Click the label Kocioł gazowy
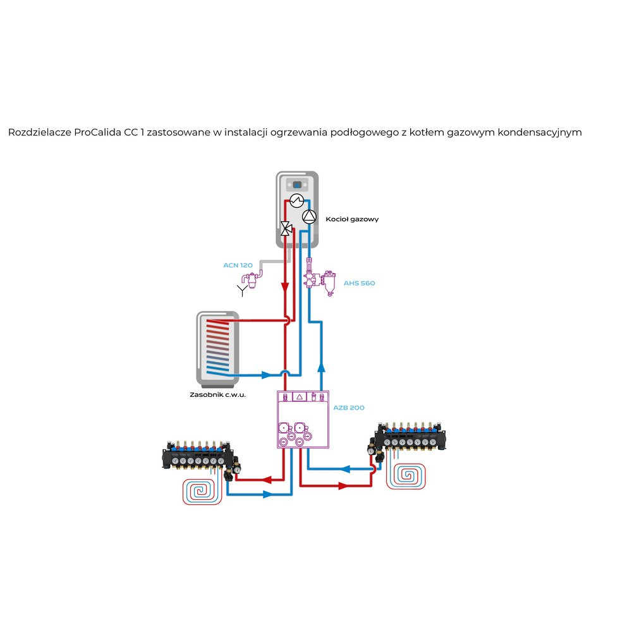pos(352,219)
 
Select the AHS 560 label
pos(359,283)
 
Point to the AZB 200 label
pos(349,408)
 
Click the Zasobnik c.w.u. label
pos(217,395)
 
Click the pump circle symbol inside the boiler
pos(308,217)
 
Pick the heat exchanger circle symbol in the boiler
pos(296,201)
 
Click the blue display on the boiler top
pos(295,185)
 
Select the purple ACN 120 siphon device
pos(254,279)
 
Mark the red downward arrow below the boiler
pos(286,288)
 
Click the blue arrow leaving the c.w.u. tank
pos(265,375)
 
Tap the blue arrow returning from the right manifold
pos(346,469)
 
